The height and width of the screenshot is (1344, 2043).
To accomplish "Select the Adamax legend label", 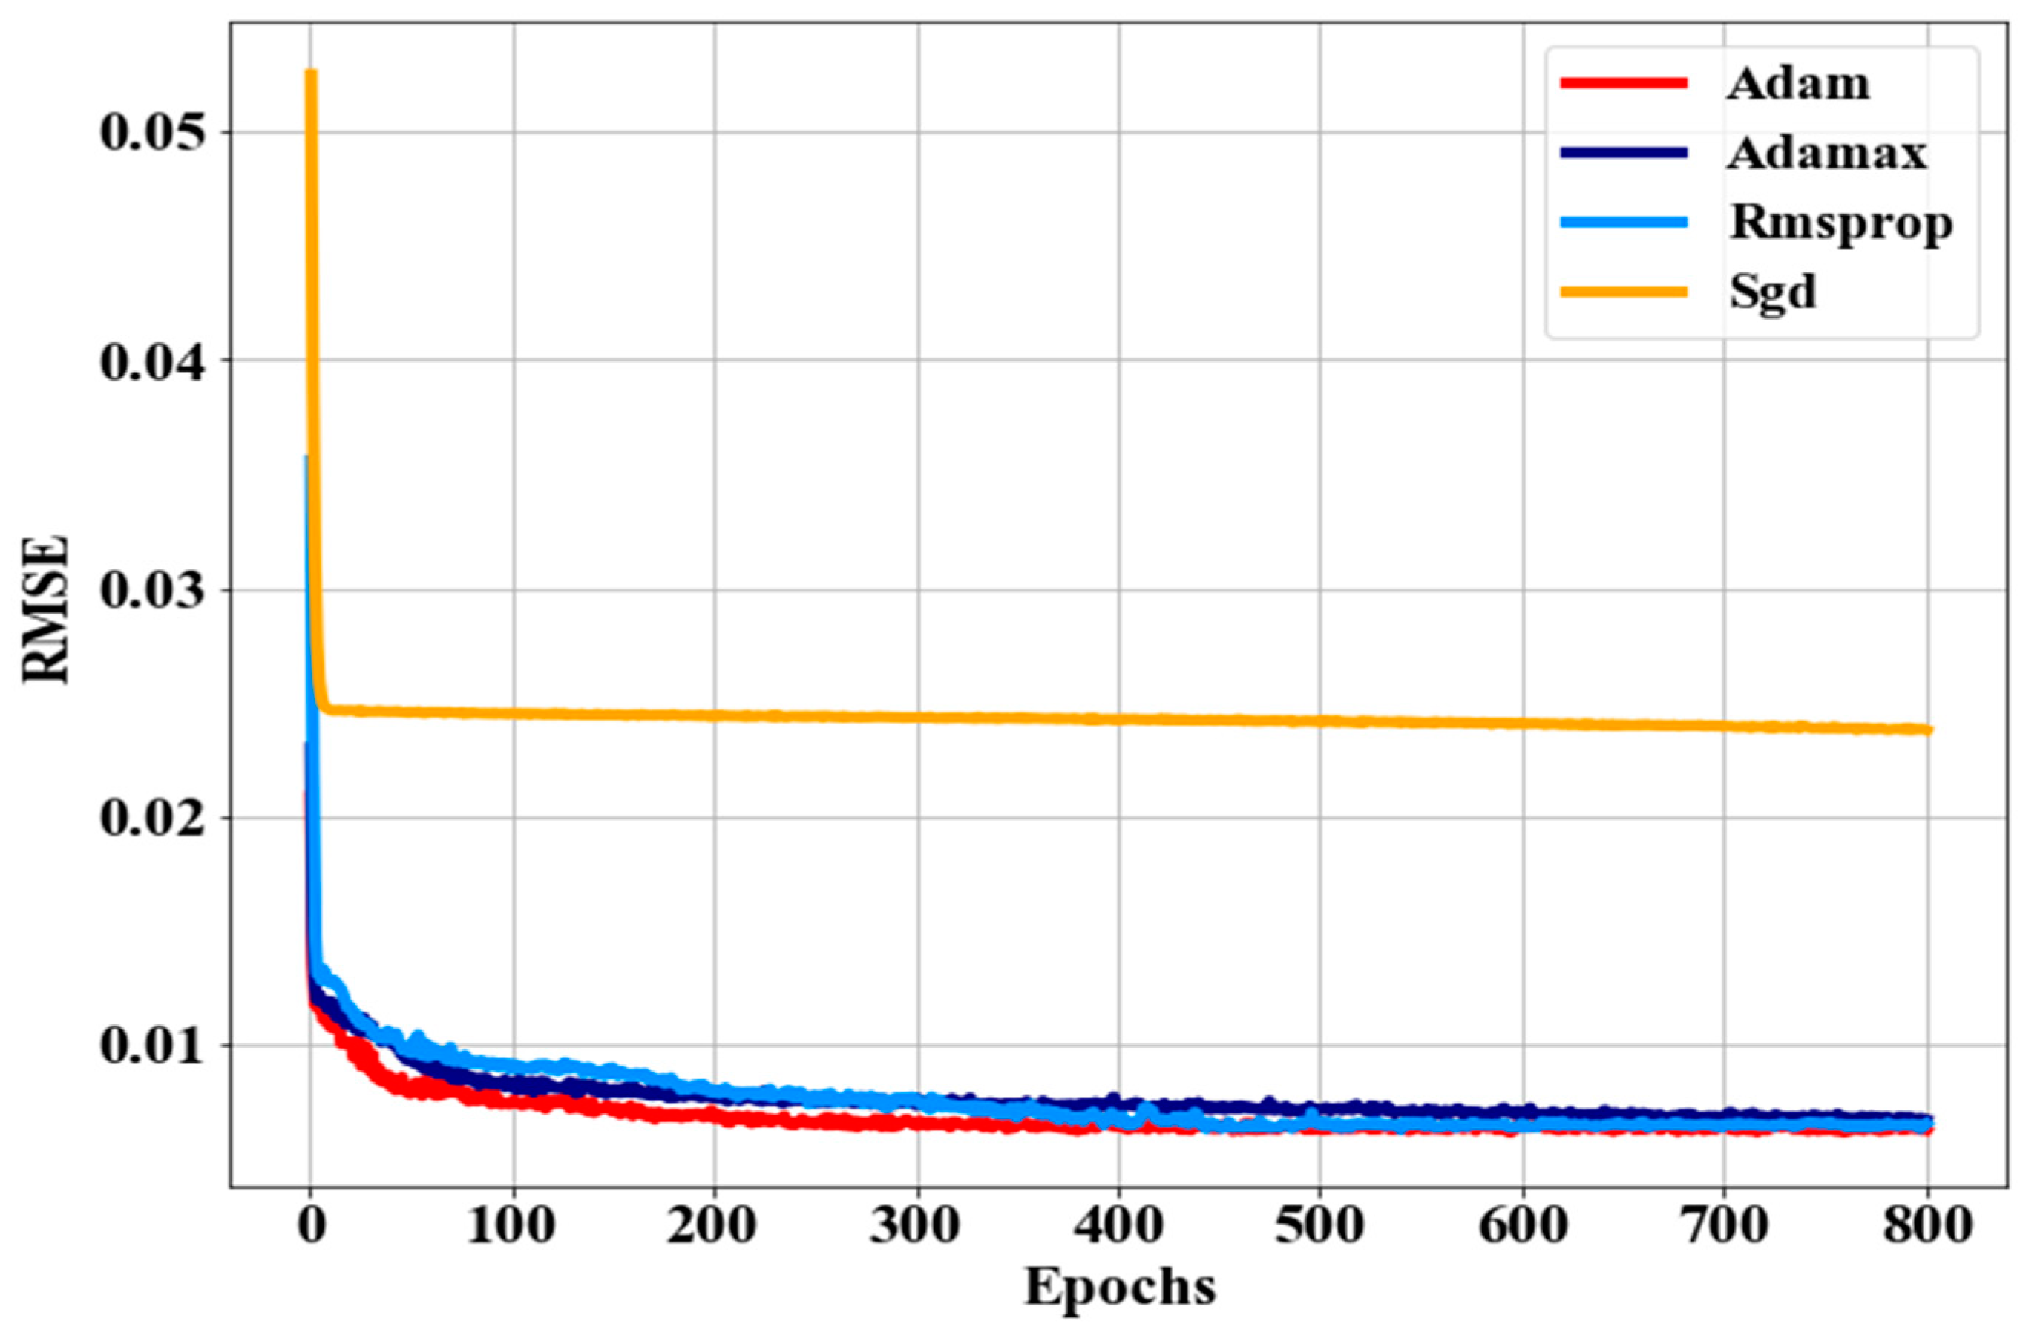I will [x=1827, y=154].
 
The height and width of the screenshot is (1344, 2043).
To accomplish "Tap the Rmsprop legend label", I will [x=1841, y=223].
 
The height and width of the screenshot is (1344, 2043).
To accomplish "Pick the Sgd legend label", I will [x=1773, y=292].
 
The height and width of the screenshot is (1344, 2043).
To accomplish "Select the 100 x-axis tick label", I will [x=513, y=1225].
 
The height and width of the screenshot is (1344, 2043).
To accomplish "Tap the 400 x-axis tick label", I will [x=1118, y=1225].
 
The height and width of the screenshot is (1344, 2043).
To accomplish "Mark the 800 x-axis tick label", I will [x=1927, y=1225].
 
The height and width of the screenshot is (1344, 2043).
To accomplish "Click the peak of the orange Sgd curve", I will [x=311, y=72].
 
